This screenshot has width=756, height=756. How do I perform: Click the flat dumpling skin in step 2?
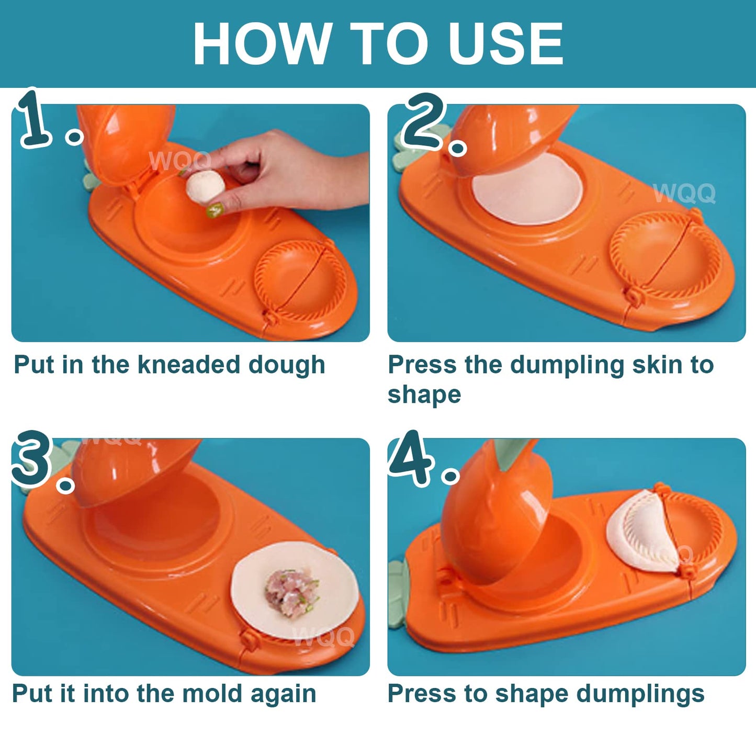coord(526,190)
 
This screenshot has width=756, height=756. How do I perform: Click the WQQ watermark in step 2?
coord(684,193)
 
